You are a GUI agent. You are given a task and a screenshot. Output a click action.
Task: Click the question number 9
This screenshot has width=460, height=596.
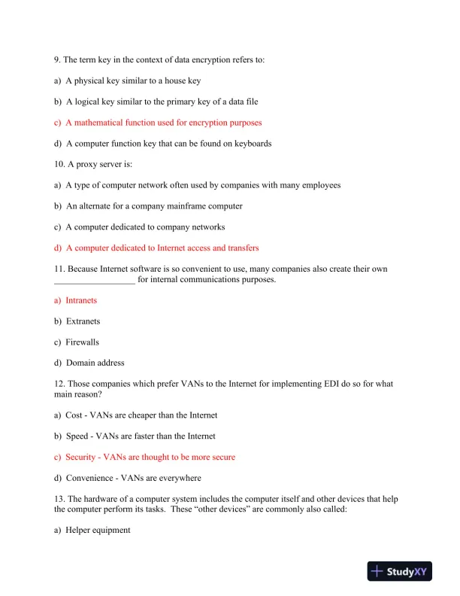click(x=57, y=59)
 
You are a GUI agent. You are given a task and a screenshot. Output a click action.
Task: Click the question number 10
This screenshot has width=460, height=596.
click(x=59, y=164)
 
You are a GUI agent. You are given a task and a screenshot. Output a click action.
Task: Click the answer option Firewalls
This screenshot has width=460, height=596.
click(x=82, y=342)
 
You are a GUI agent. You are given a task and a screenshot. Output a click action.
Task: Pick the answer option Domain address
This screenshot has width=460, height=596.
click(x=95, y=363)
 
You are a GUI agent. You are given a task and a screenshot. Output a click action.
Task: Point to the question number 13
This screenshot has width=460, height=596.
click(x=59, y=499)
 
